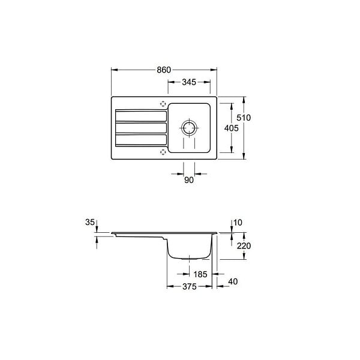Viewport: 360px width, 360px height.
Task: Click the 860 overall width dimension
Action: click(164, 70)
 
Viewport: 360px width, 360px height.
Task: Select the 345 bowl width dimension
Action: click(189, 82)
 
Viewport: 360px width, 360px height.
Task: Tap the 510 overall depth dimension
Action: click(244, 118)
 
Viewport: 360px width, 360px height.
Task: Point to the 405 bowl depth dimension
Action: click(232, 128)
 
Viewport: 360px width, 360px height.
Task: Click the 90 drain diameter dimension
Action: click(189, 180)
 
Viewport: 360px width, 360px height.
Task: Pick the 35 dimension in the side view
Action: click(90, 222)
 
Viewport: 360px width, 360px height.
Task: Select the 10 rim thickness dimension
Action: click(238, 223)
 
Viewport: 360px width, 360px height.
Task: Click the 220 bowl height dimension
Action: click(244, 246)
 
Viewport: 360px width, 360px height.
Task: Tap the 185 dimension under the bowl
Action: click(200, 274)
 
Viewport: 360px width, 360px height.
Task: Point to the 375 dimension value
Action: click(190, 287)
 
